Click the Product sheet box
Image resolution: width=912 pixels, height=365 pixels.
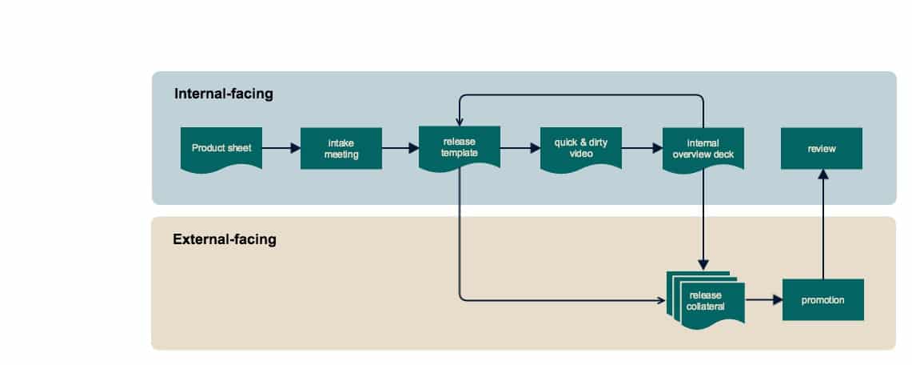pyautogui.click(x=221, y=148)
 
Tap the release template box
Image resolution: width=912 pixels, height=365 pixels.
pyautogui.click(x=459, y=148)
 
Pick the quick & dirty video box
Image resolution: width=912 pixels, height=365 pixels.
pyautogui.click(x=580, y=148)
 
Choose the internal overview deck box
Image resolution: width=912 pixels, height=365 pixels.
pyautogui.click(x=703, y=148)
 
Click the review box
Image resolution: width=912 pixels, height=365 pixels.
pyautogui.click(x=821, y=148)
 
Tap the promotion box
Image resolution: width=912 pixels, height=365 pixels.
pyautogui.click(x=822, y=300)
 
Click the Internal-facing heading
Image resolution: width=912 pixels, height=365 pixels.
pyautogui.click(x=224, y=94)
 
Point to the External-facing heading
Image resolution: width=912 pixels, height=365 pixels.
pyautogui.click(x=225, y=239)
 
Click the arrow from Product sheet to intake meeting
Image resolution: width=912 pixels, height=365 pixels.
pyautogui.click(x=281, y=148)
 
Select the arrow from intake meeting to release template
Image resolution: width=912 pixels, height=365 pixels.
pyautogui.click(x=400, y=148)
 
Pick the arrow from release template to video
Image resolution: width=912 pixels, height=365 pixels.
pyautogui.click(x=520, y=148)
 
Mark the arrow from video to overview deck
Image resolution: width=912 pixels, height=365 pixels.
pyautogui.click(x=642, y=148)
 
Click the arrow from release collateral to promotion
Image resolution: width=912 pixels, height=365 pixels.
pyautogui.click(x=763, y=300)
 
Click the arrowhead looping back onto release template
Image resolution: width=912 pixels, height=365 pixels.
pyautogui.click(x=459, y=122)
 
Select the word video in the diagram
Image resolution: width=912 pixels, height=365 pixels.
pyautogui.click(x=580, y=154)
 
